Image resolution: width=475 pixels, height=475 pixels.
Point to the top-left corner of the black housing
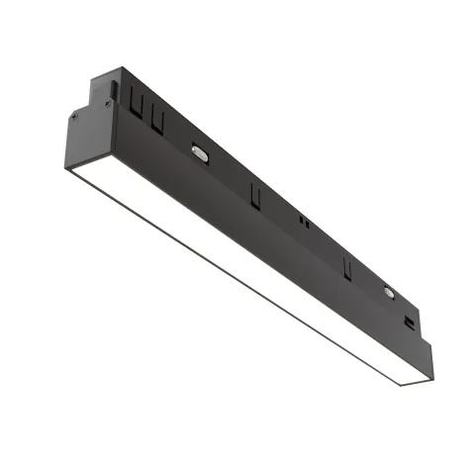[121, 70]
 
